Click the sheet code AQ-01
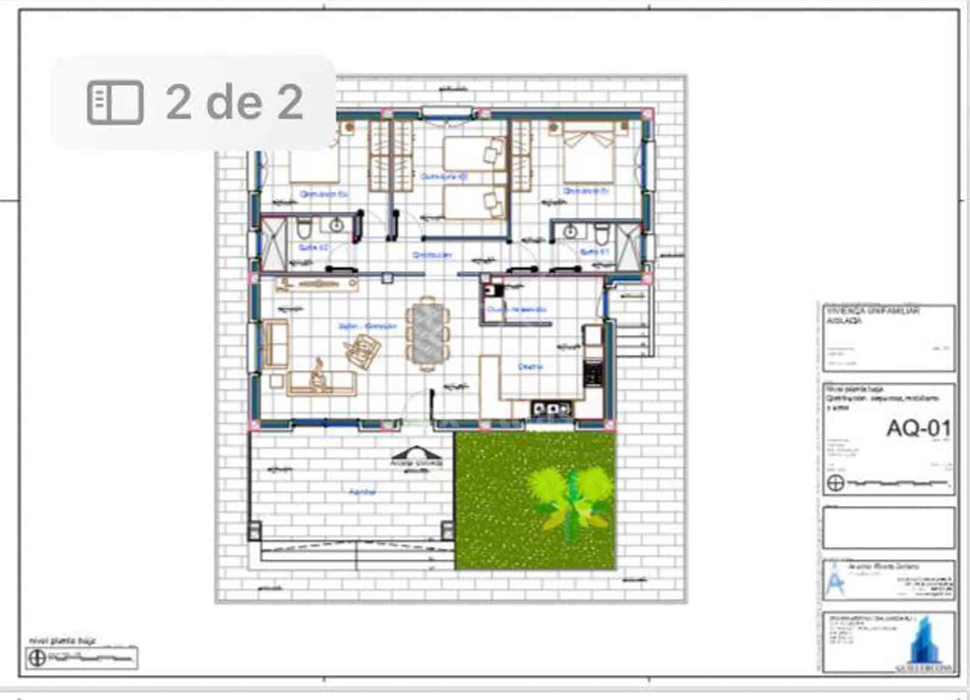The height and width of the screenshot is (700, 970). [918, 428]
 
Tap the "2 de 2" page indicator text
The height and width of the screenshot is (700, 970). [234, 102]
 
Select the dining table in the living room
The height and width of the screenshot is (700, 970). [428, 333]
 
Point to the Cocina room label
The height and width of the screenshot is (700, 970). [530, 367]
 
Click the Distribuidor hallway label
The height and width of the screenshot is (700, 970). [432, 255]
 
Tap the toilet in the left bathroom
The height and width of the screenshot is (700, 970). [305, 228]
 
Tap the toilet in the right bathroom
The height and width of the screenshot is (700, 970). [600, 232]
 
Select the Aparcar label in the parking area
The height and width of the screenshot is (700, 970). [363, 492]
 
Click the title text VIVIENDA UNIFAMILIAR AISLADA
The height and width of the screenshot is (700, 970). [873, 315]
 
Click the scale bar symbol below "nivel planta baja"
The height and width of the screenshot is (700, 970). [82, 658]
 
